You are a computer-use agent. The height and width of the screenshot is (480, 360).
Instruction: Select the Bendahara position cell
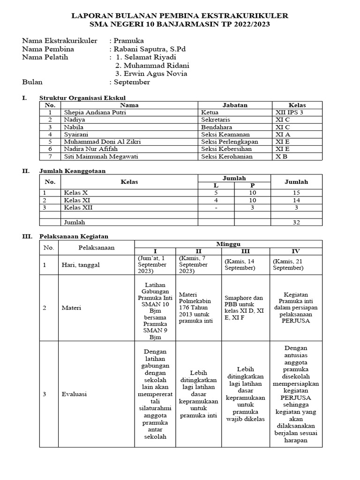pyautogui.click(x=217, y=127)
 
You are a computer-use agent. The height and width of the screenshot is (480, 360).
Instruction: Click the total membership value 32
pyautogui.click(x=296, y=222)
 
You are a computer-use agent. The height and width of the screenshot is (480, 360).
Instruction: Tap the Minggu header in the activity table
pyautogui.click(x=228, y=244)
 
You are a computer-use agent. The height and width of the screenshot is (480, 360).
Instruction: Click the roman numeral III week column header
pyautogui.click(x=247, y=251)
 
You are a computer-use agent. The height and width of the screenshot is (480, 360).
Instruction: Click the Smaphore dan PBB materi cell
pyautogui.click(x=245, y=307)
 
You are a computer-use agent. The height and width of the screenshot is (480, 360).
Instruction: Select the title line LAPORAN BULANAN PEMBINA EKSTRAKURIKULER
pyautogui.click(x=180, y=16)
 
